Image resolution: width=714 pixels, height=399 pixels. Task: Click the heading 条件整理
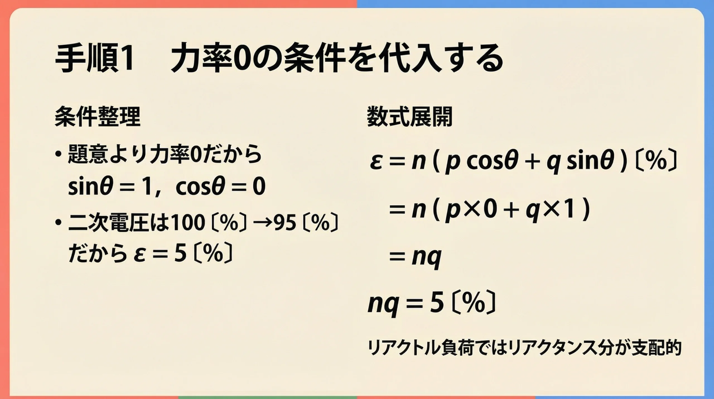(97, 117)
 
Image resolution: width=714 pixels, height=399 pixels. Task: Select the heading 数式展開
(409, 117)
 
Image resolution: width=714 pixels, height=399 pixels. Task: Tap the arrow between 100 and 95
(263, 223)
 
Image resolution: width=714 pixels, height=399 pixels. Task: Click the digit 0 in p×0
(490, 210)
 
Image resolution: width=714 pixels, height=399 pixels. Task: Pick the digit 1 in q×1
(569, 210)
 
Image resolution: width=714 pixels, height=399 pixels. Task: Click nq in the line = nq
(426, 257)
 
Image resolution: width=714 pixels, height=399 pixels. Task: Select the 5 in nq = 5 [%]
(437, 304)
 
